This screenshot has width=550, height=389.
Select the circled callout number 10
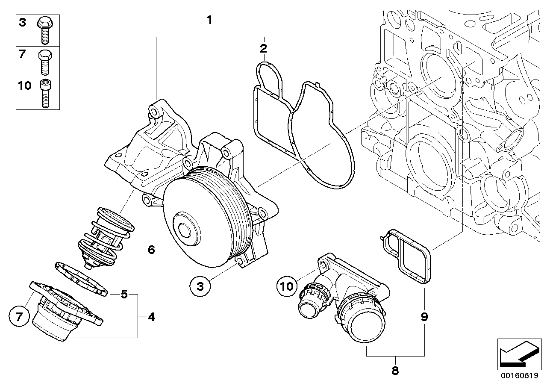[x=287, y=285]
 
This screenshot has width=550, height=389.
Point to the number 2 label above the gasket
[x=264, y=47]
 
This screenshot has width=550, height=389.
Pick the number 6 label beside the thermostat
[x=151, y=249]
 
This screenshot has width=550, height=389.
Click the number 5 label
[x=124, y=294]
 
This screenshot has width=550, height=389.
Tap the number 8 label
[x=395, y=371]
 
